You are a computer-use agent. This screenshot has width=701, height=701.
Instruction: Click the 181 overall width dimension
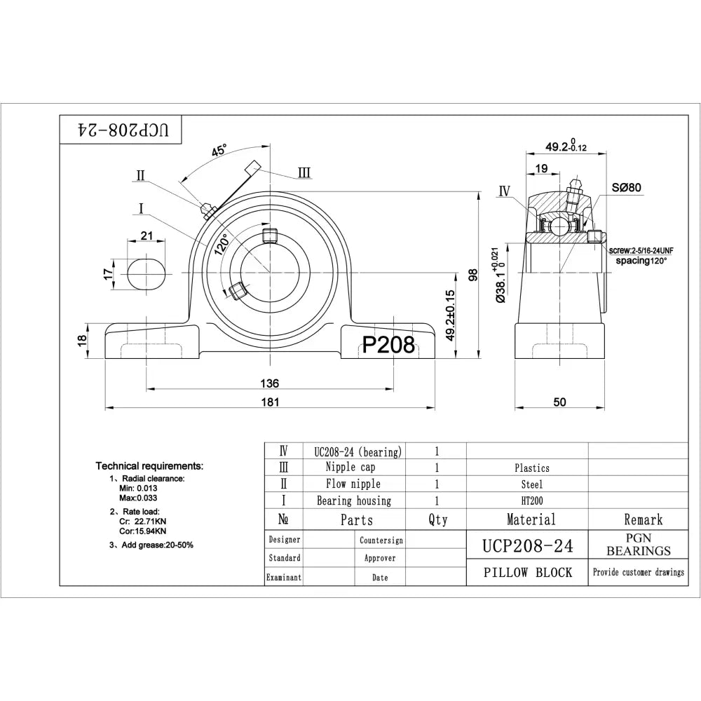tap(270, 402)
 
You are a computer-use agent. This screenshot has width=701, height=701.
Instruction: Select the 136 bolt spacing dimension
tap(270, 383)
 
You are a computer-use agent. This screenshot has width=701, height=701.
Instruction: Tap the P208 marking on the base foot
tap(388, 343)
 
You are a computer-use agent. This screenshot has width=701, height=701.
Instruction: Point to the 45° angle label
tap(219, 151)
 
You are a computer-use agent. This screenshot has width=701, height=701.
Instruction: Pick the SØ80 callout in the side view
tap(626, 187)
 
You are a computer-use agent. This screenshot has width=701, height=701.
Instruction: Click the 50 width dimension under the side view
tap(559, 402)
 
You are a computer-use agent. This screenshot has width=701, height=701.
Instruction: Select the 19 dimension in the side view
tap(541, 168)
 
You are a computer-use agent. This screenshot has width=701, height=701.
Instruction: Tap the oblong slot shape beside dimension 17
tap(147, 271)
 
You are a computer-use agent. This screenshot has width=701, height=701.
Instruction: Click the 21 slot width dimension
tap(147, 236)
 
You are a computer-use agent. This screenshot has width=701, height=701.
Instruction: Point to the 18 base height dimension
tap(82, 340)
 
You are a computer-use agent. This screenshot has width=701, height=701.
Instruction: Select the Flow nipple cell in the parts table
tap(353, 484)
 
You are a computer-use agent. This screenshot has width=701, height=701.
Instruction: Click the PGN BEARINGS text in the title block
tap(638, 545)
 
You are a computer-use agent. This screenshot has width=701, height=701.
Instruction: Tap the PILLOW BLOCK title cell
tap(527, 573)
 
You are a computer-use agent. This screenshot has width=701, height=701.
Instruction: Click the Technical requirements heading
tap(149, 465)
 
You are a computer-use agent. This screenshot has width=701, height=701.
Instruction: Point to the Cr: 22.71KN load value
tap(143, 521)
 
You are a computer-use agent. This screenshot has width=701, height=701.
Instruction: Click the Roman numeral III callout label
tap(304, 172)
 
